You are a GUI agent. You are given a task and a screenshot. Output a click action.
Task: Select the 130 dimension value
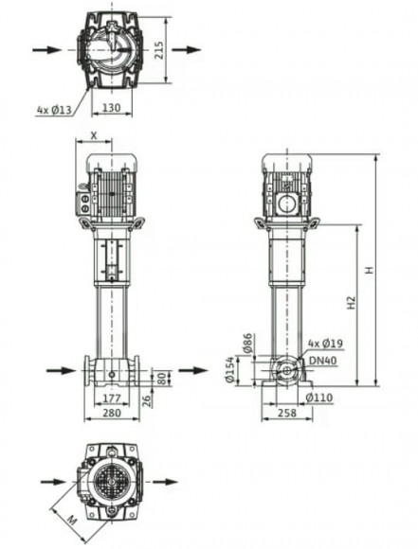(x=111, y=108)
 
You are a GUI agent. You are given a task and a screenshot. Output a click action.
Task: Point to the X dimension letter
(x=93, y=135)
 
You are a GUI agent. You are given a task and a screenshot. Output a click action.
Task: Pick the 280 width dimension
(x=111, y=414)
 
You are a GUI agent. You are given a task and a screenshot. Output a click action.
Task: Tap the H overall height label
(x=371, y=271)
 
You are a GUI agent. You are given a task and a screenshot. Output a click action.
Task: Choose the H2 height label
(x=351, y=303)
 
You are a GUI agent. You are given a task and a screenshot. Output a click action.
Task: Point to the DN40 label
(x=322, y=359)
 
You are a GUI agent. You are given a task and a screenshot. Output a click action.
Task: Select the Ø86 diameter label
(x=248, y=345)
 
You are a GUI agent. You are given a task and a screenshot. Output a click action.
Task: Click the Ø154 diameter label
(x=229, y=370)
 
